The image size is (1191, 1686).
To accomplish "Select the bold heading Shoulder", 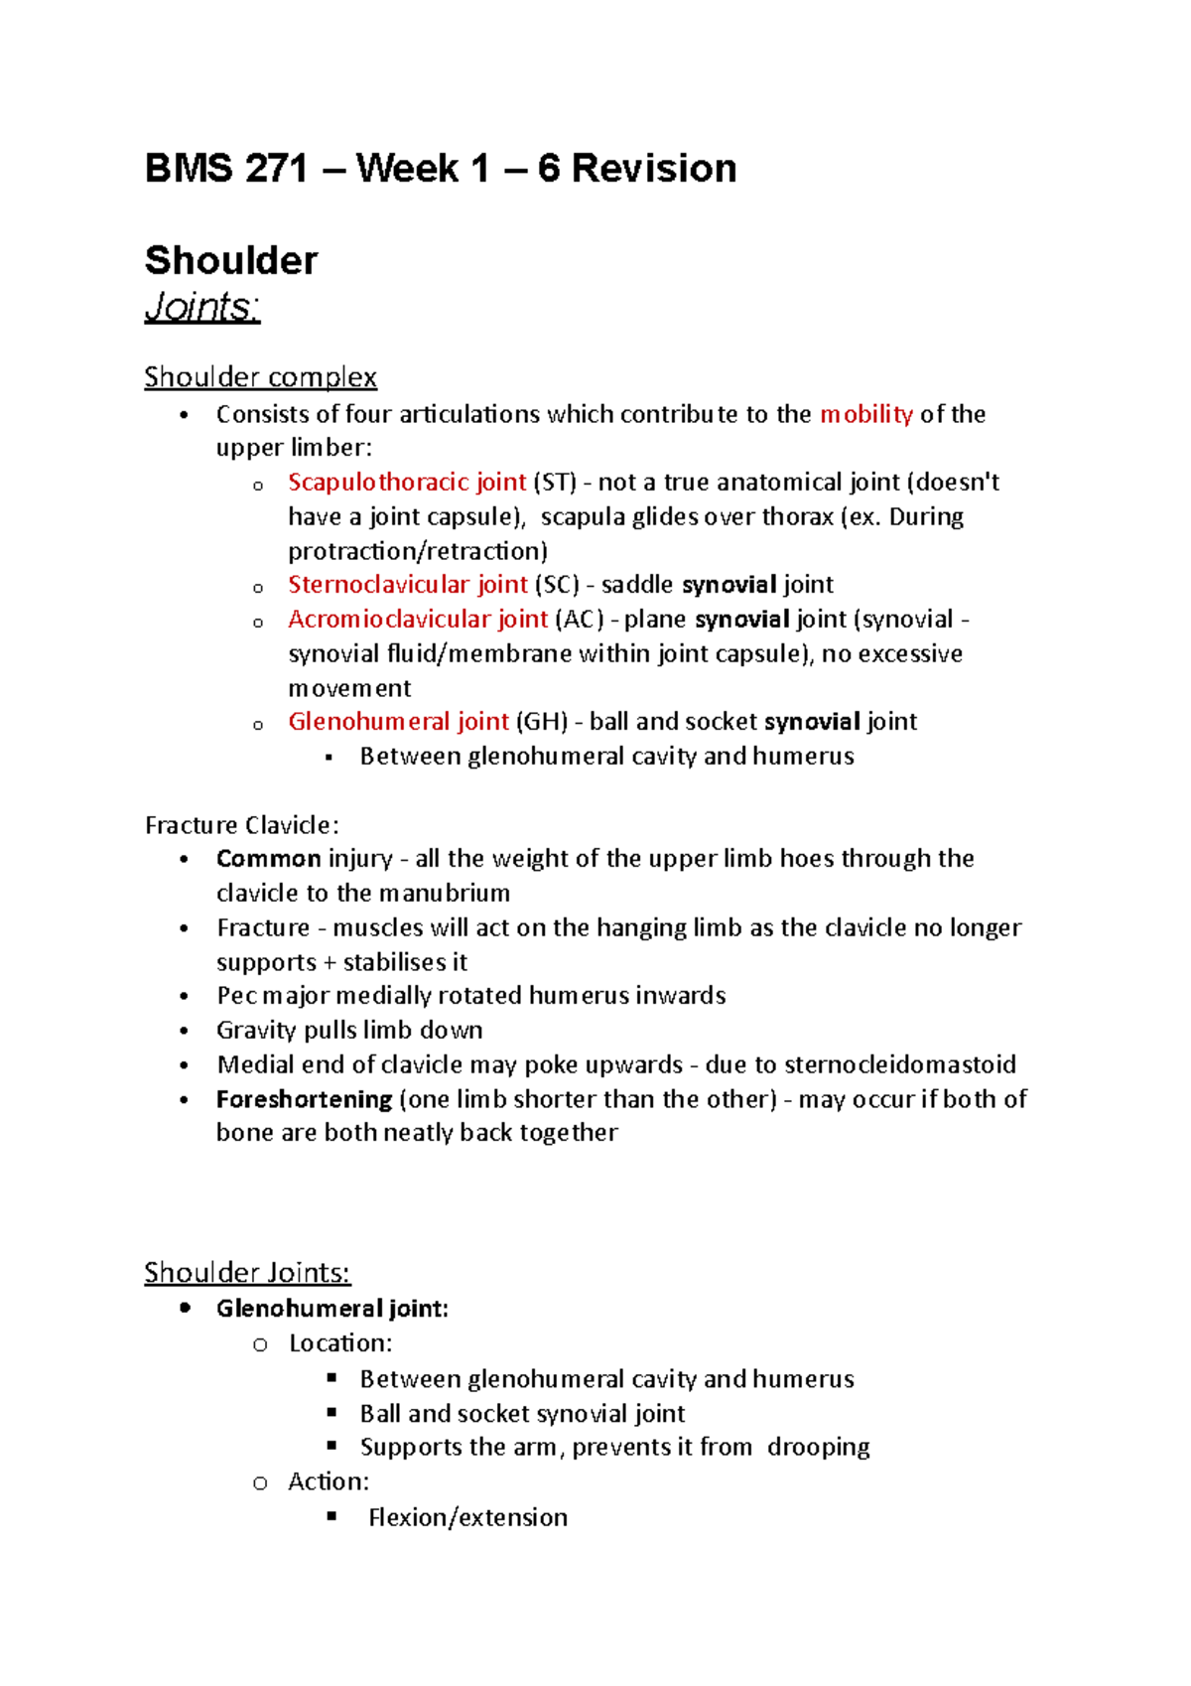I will tap(231, 261).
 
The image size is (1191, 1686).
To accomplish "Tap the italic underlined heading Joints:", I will tap(202, 307).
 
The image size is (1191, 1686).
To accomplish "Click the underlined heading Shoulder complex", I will tap(260, 377).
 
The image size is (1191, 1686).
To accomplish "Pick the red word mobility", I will tap(865, 414).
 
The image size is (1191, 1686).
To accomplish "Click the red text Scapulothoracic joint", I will tap(406, 483).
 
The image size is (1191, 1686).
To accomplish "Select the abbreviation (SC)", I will tap(557, 585).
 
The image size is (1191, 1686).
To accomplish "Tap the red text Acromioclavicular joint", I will tap(417, 620).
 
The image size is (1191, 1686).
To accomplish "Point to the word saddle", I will tap(637, 585).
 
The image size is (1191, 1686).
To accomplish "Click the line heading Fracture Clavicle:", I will tap(242, 825).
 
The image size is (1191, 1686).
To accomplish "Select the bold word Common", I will tap(268, 859).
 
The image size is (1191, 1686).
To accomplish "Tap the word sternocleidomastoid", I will tap(899, 1065).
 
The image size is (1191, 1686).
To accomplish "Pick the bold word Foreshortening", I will tap(304, 1100).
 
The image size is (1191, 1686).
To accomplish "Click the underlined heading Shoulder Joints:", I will tap(247, 1273).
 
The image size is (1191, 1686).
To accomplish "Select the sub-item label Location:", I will tap(340, 1343).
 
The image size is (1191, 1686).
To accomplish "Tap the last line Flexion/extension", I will tap(467, 1518).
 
